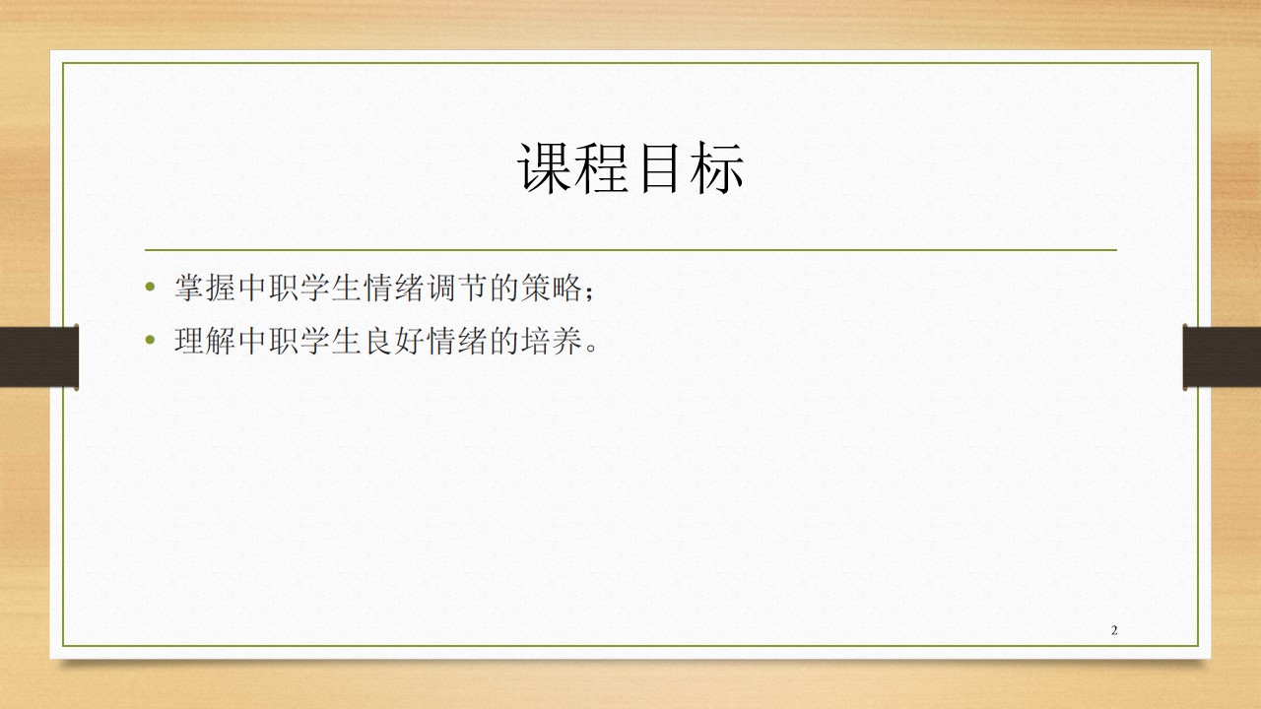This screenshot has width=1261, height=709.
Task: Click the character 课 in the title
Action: click(x=545, y=168)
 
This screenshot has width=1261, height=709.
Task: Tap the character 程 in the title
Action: click(x=602, y=168)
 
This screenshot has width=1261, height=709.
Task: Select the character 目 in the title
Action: click(x=660, y=168)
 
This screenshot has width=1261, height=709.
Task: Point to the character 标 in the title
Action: click(x=717, y=168)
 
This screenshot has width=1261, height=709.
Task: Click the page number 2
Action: click(x=1114, y=630)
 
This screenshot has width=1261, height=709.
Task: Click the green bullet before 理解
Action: click(x=150, y=340)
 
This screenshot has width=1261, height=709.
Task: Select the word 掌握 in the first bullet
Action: click(x=205, y=288)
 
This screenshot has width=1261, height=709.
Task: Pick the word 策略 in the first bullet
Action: click(x=553, y=288)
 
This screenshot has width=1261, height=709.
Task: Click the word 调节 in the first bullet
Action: click(x=457, y=288)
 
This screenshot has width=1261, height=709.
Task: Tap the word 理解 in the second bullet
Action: click(x=205, y=341)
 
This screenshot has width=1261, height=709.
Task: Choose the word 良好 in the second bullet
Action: click(x=394, y=341)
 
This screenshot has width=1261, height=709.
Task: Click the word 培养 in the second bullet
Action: click(x=552, y=341)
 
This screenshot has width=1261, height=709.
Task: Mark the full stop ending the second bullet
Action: click(x=591, y=349)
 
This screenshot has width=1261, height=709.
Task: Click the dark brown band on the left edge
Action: click(x=38, y=356)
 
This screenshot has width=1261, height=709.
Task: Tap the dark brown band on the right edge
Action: click(x=1222, y=356)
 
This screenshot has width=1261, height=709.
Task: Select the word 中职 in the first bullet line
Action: click(x=268, y=288)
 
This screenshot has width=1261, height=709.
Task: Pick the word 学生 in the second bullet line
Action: click(x=331, y=341)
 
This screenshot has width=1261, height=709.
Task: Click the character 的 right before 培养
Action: click(x=504, y=341)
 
